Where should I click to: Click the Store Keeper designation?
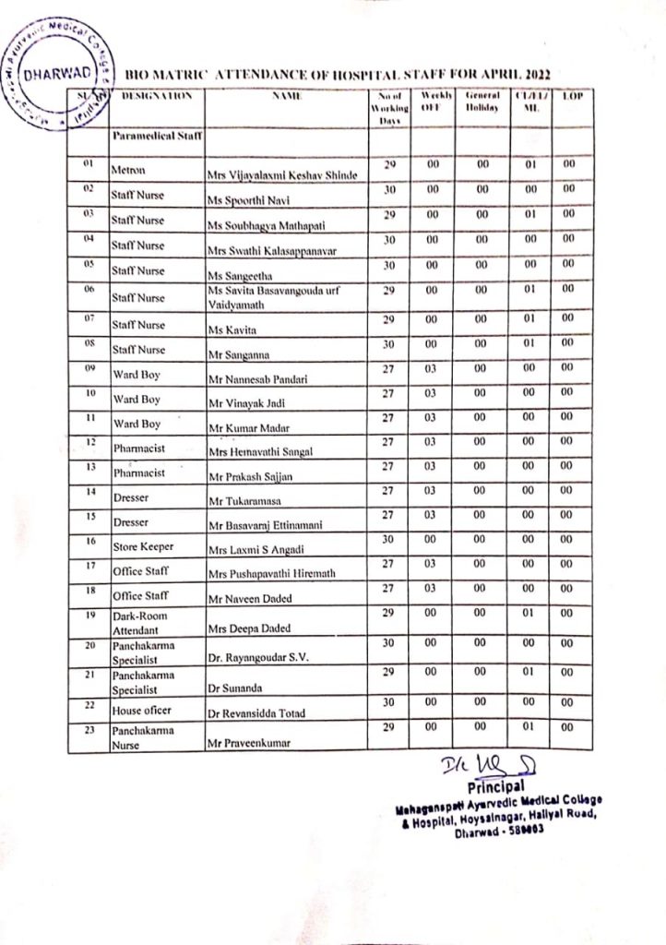click(x=143, y=546)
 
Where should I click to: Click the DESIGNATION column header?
click(x=156, y=96)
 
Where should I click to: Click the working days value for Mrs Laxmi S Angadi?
click(x=390, y=539)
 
